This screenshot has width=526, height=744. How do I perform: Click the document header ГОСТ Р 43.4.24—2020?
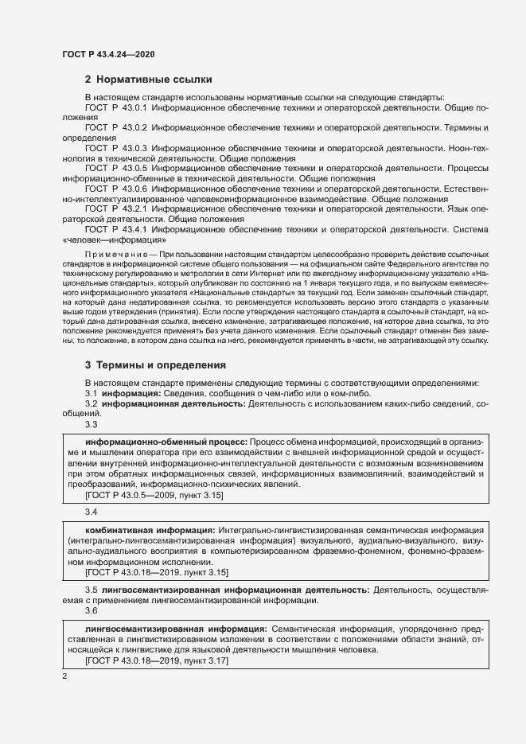click(108, 54)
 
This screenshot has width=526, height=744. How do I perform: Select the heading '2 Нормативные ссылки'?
click(148, 80)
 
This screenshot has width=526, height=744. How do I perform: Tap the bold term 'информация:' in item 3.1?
click(129, 394)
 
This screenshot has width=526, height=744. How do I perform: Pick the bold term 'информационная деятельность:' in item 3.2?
click(173, 404)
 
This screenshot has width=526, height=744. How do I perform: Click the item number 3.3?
click(91, 424)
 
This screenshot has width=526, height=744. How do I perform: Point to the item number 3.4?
click(91, 511)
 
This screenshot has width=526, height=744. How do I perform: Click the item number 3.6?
click(91, 610)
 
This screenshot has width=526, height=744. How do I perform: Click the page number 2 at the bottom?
click(64, 676)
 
